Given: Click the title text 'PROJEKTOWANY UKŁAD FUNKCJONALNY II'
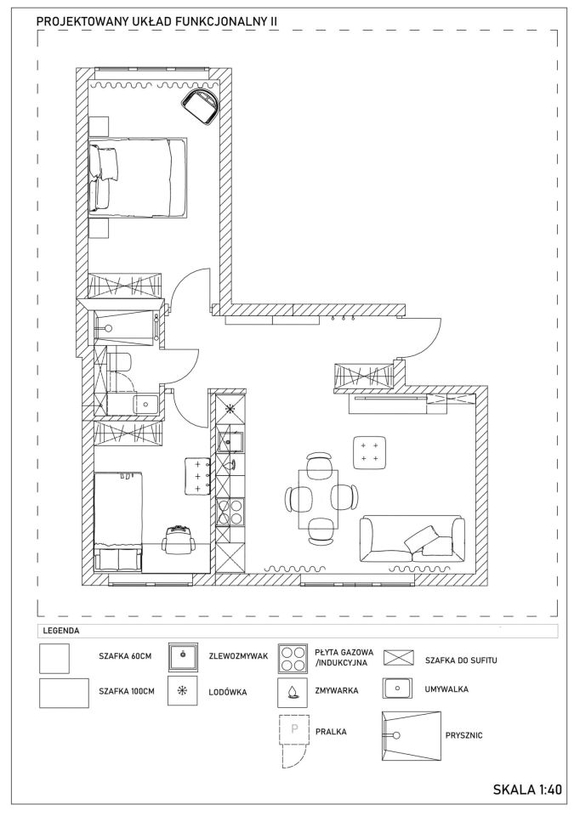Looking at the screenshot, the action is (x=156, y=21).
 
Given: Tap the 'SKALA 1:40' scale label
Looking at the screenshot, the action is (x=527, y=789).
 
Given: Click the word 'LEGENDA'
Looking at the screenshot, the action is (x=61, y=631).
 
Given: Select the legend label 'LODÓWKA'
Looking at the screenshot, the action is (x=228, y=692).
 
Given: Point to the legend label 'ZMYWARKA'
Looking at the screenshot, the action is (x=337, y=690).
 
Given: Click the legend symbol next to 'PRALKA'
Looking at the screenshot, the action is (x=294, y=741).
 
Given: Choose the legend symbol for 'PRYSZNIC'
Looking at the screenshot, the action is (x=412, y=736).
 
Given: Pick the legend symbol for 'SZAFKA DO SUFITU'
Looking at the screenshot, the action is (x=398, y=658).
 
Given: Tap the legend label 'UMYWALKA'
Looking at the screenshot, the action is (x=446, y=689).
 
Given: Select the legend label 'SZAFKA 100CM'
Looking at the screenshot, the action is (x=127, y=691).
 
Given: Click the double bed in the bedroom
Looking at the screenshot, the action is (x=138, y=177).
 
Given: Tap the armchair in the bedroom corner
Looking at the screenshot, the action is (x=202, y=105).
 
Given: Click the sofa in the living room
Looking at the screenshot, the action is (x=412, y=539).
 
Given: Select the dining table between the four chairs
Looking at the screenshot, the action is (x=318, y=499).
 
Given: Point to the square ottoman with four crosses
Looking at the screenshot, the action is (x=369, y=452).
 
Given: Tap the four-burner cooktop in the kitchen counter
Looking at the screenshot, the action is (x=230, y=512).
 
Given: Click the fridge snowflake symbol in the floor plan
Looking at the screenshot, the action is (x=230, y=408).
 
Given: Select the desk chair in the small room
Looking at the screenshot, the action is (x=179, y=541).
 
